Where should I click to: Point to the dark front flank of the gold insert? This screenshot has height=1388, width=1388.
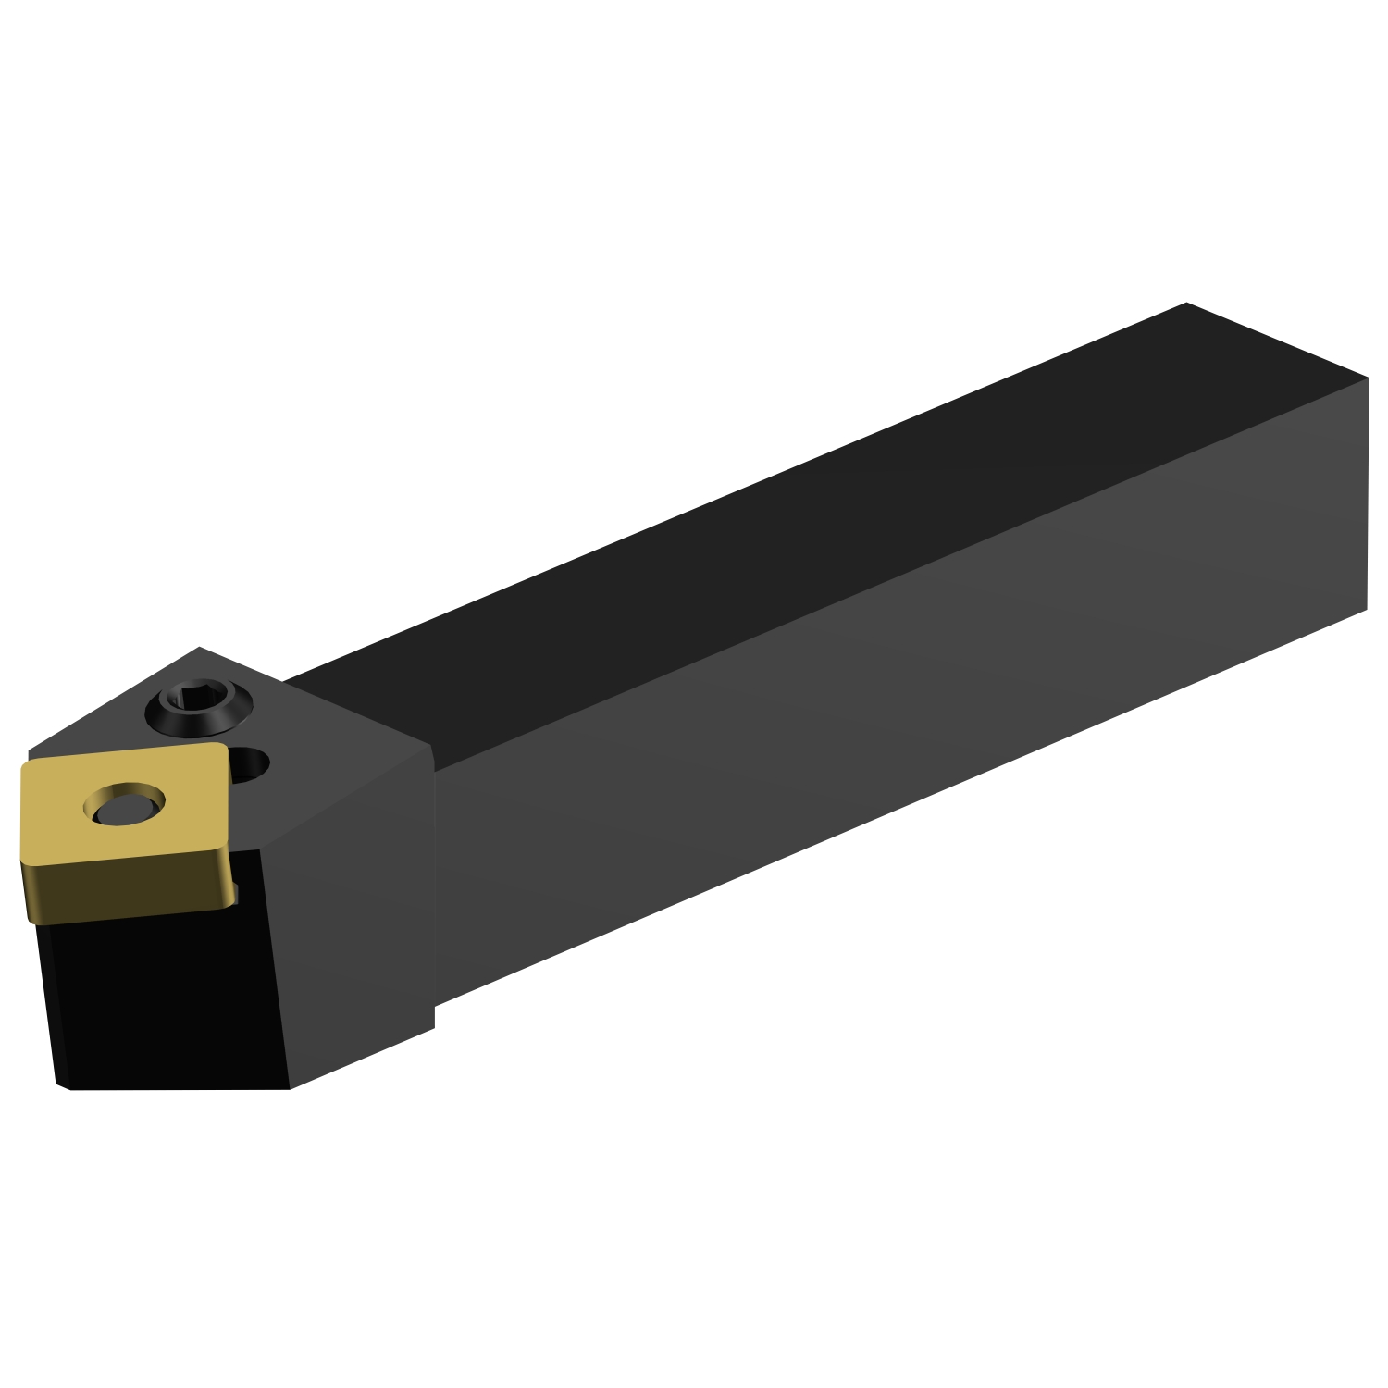tap(130, 888)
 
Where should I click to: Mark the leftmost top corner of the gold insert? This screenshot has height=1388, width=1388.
tap(23, 765)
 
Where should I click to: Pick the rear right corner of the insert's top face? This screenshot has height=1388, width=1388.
tap(222, 745)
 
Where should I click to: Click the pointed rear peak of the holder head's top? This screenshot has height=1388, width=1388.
tap(200, 648)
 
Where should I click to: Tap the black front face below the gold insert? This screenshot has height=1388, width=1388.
tap(157, 999)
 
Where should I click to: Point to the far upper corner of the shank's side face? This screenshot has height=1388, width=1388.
tap(1368, 378)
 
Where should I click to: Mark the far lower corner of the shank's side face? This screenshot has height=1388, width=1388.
tap(1367, 609)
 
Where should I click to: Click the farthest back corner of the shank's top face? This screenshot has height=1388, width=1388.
tap(1185, 303)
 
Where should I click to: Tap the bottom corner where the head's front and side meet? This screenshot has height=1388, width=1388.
tap(291, 1087)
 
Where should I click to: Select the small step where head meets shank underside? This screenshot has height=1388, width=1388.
tap(434, 1016)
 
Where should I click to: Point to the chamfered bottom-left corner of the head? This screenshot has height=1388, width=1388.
tap(63, 1085)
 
